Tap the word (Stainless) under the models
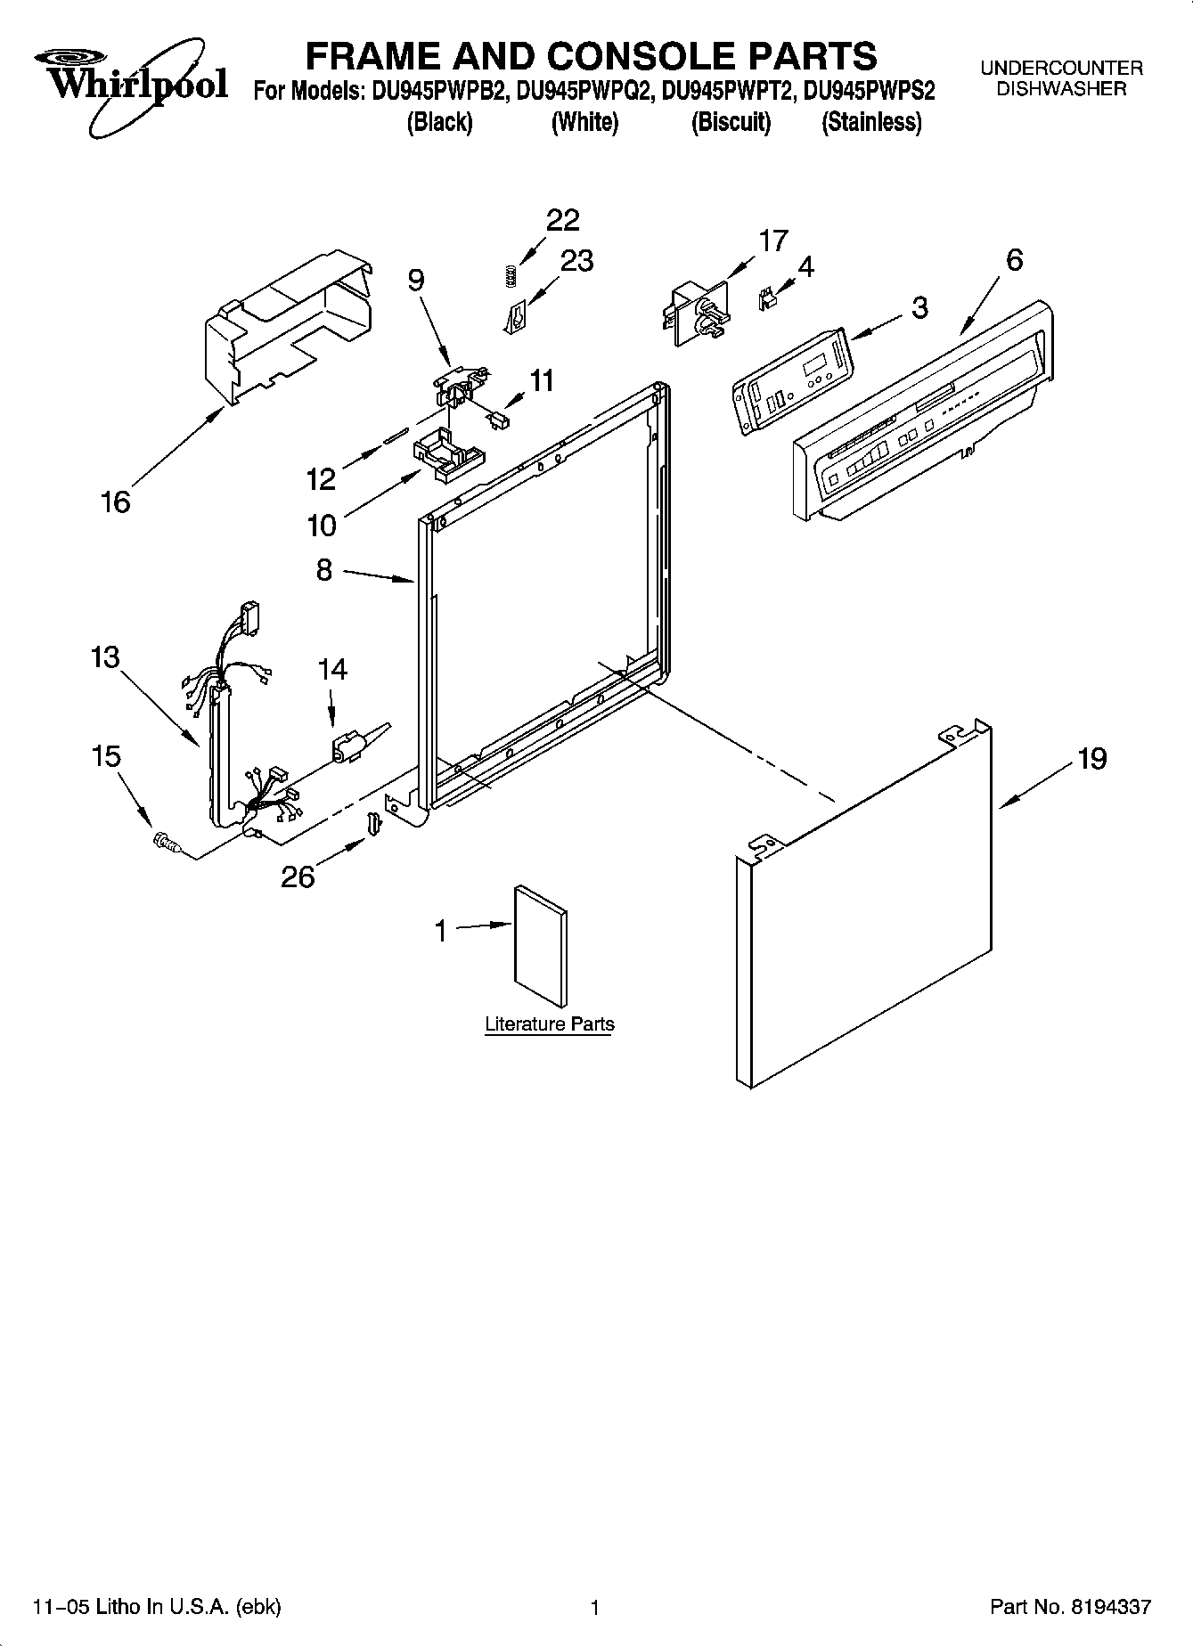point(871,122)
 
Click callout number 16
point(116,502)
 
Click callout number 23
point(576,260)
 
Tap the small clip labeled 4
point(764,300)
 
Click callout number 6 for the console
point(1014,260)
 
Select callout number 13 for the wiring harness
point(104,657)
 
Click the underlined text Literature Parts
point(549,1023)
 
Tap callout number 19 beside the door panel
point(1091,758)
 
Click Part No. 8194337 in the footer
point(1070,1607)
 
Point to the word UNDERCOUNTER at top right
point(1061,68)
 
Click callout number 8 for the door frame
point(324,569)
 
